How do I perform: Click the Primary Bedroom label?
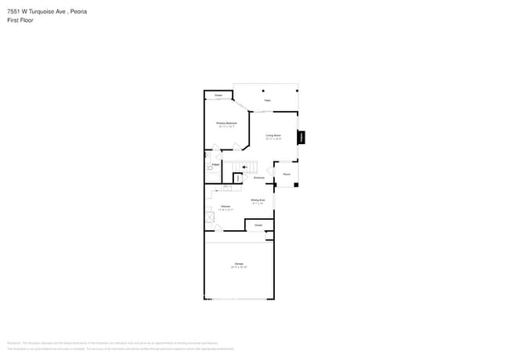tap(226, 124)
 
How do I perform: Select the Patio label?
tap(267, 101)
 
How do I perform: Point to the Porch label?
tap(287, 174)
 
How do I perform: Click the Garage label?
tap(238, 265)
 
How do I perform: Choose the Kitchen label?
tap(225, 207)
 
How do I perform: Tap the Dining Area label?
tap(258, 200)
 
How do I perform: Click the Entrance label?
tap(258, 178)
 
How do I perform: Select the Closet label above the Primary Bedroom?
tap(218, 95)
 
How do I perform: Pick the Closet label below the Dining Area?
tap(258, 225)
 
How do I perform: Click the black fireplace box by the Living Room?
tap(301, 138)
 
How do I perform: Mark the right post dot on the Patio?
tap(297, 90)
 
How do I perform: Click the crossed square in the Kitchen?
tap(210, 218)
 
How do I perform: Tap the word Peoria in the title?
tap(77, 12)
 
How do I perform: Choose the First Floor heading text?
tap(20, 20)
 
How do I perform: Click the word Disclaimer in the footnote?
tap(13, 343)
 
